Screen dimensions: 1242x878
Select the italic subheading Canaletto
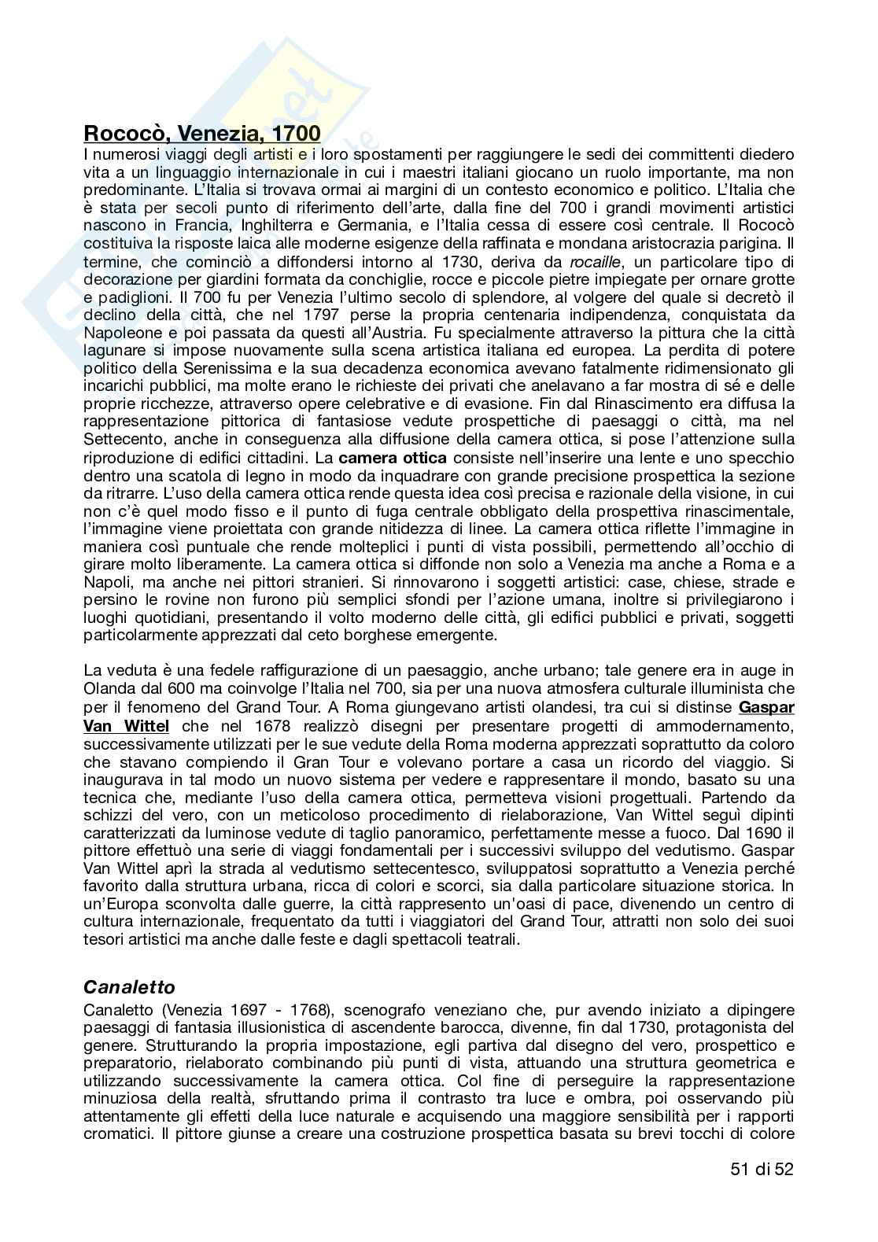pyautogui.click(x=129, y=986)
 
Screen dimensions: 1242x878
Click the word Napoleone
pyautogui.click(x=121, y=333)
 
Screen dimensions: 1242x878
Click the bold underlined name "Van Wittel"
pyautogui.click(x=126, y=726)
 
